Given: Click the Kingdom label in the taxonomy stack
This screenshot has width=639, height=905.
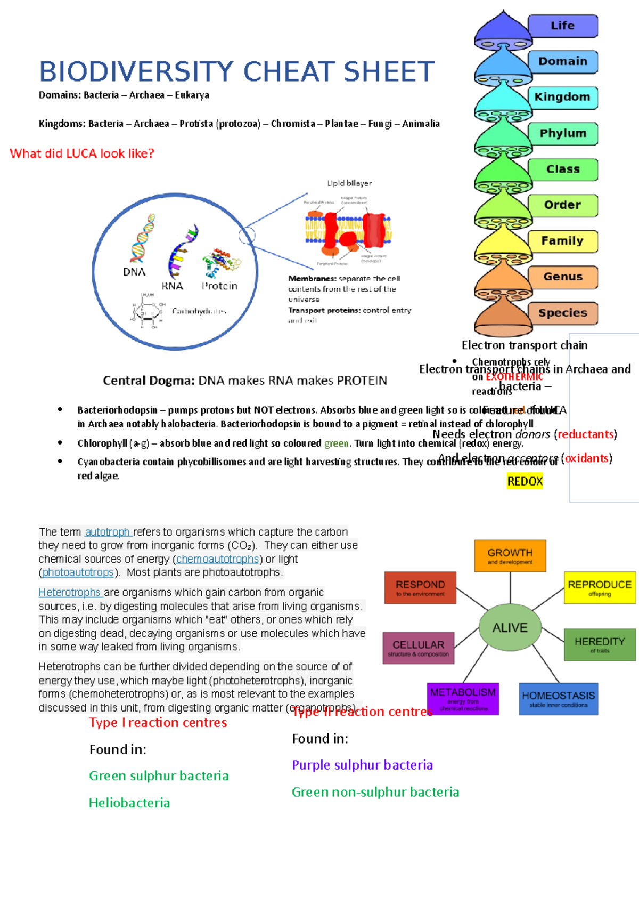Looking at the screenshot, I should [x=562, y=98].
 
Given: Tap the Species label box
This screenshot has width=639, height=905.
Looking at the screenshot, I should [x=562, y=313].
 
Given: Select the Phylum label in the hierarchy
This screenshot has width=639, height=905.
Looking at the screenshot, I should [x=562, y=133].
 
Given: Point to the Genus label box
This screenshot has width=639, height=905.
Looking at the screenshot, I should [x=562, y=277].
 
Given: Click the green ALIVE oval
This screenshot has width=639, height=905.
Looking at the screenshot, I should [x=510, y=628].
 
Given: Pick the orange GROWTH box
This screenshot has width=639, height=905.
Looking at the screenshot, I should [x=510, y=556].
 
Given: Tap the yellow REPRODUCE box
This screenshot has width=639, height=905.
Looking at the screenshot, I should [x=599, y=587].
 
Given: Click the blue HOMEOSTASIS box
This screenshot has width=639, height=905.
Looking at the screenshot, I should [x=558, y=699].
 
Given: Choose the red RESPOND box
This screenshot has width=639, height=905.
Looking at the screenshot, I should [x=420, y=587].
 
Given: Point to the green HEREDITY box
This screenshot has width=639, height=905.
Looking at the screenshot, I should [x=599, y=644].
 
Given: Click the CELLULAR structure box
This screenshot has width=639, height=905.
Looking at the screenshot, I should [x=418, y=648].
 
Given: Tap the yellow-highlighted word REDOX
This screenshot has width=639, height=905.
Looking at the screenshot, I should [x=525, y=481].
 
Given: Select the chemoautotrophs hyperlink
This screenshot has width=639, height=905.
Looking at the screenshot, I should [x=217, y=559].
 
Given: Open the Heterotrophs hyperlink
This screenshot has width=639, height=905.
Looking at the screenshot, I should [x=70, y=593].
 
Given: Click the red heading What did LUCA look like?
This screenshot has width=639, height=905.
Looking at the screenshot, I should [x=82, y=154].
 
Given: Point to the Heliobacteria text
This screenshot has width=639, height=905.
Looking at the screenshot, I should [x=129, y=803].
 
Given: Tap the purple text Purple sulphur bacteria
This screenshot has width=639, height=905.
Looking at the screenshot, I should [x=362, y=765].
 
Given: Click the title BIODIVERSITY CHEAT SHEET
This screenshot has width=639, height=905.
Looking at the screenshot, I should [x=237, y=72].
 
